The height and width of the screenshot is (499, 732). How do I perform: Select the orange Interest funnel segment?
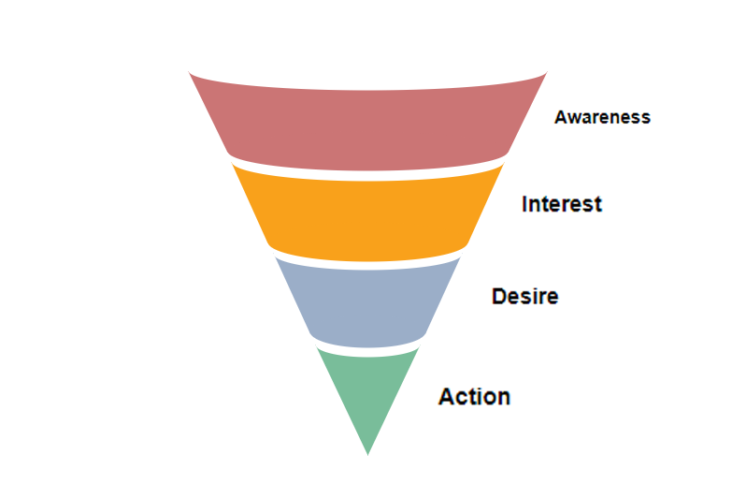[367, 215]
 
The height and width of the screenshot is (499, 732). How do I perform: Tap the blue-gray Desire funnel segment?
[367, 304]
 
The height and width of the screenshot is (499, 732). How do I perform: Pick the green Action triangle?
[367, 393]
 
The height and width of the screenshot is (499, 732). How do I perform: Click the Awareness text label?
[602, 117]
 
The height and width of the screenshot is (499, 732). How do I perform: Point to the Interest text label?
[562, 204]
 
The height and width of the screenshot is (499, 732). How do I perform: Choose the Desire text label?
[525, 297]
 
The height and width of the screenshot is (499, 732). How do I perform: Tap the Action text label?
[474, 397]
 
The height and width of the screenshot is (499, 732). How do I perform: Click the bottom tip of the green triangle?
[367, 456]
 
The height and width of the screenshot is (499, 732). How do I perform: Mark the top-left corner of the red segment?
[189, 71]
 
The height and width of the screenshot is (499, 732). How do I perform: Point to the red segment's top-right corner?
[547, 71]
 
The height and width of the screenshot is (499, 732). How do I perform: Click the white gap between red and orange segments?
[367, 176]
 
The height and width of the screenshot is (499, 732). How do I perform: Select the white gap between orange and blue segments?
[367, 266]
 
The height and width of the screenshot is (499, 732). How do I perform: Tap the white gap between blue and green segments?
[367, 352]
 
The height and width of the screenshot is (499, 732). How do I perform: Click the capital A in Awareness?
[561, 117]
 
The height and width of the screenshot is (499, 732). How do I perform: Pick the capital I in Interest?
[524, 204]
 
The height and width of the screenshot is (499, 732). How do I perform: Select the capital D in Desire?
[499, 297]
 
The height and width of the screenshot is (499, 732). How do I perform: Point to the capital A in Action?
[447, 397]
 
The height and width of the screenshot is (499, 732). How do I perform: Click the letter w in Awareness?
[576, 119]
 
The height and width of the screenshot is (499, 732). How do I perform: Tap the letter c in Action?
[463, 399]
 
